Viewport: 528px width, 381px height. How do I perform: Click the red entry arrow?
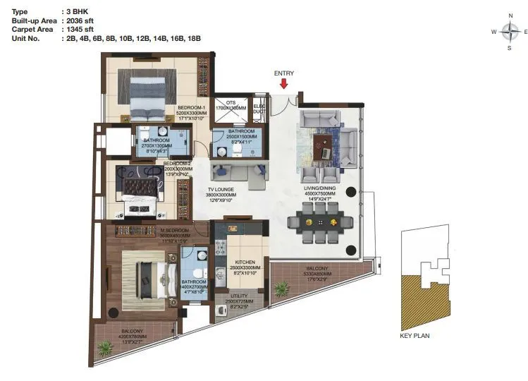click(284, 84)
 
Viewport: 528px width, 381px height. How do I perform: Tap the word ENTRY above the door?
click(284, 73)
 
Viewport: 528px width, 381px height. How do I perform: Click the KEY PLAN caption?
click(415, 336)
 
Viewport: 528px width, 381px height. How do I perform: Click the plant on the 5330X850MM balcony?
click(282, 289)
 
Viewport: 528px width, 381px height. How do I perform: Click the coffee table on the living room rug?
click(324, 146)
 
